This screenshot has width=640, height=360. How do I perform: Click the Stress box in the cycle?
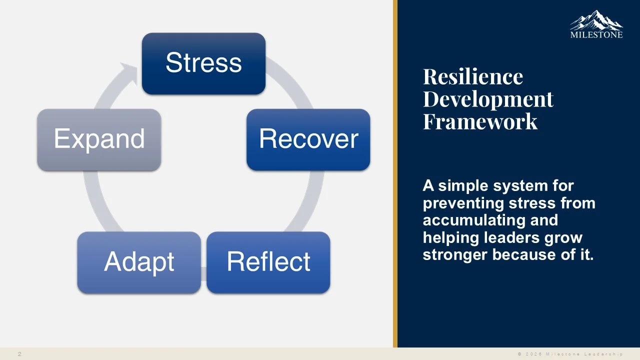click(203, 63)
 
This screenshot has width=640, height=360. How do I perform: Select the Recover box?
click(308, 139)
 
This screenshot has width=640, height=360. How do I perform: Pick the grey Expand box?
click(99, 139)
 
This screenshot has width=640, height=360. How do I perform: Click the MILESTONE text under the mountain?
click(596, 35)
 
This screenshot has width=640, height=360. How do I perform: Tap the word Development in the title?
click(488, 99)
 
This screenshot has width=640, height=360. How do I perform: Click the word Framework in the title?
click(480, 121)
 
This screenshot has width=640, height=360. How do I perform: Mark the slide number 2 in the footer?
click(19, 354)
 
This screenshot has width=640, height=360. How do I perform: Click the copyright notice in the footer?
click(570, 354)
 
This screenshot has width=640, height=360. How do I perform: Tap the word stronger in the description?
click(455, 254)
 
